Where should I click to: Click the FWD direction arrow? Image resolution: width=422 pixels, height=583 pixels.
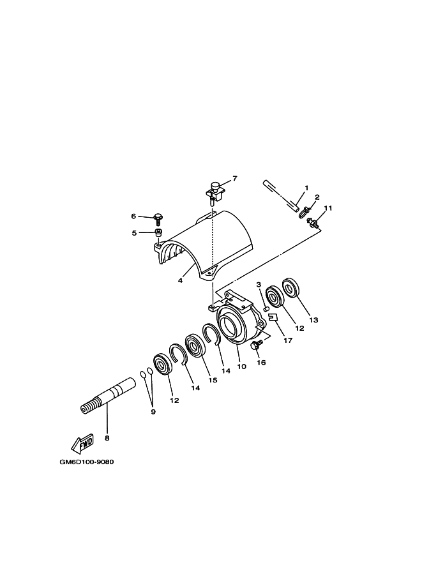click(83, 443)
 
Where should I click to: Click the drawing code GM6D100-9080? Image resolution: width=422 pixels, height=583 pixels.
click(86, 462)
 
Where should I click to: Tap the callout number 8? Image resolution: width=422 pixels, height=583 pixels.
click(107, 438)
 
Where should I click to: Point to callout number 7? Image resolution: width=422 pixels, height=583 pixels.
click(234, 179)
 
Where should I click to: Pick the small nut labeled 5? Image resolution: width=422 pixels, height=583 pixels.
click(158, 234)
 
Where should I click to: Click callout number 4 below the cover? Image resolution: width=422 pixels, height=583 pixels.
click(180, 280)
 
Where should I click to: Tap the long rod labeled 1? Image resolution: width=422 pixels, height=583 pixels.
click(281, 196)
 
